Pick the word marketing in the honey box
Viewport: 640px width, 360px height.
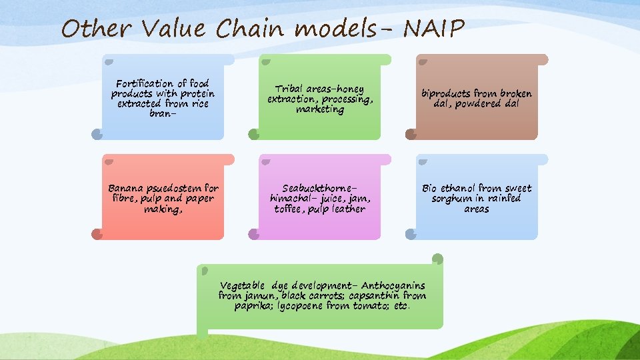pyautogui.click(x=320, y=109)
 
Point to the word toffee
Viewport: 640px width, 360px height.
pyautogui.click(x=291, y=209)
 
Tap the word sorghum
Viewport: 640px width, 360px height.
pyautogui.click(x=455, y=199)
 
